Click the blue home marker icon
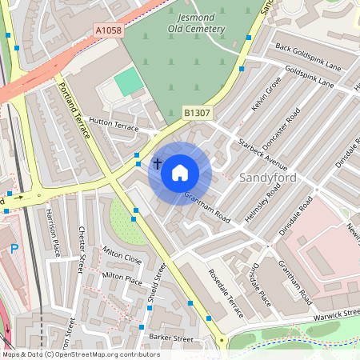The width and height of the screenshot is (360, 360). point(180,172)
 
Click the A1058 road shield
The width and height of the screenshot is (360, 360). point(109,30)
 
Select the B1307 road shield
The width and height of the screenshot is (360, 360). point(197,114)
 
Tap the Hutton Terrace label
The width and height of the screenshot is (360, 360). point(114,124)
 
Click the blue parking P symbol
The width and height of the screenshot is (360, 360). point(14,249)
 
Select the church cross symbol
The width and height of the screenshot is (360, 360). point(157,164)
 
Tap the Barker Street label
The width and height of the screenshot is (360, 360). point(172,339)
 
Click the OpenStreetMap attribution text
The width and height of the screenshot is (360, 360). point(81,354)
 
